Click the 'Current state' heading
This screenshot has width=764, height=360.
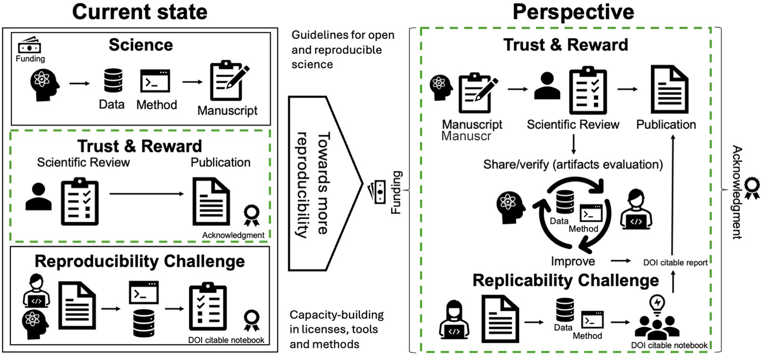tap(140, 12)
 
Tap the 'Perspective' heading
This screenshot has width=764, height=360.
tap(573, 12)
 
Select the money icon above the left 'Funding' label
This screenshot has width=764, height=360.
tap(29, 45)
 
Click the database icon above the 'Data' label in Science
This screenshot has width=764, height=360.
tap(113, 80)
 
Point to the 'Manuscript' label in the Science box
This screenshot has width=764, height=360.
tap(227, 111)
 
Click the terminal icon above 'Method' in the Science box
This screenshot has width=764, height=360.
tap(155, 81)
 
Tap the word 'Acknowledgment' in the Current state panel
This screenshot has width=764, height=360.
tap(233, 235)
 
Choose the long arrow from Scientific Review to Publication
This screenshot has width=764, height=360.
tap(147, 194)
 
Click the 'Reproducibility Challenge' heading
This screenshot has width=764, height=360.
tap(140, 261)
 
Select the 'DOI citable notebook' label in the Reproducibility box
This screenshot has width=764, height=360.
tap(226, 340)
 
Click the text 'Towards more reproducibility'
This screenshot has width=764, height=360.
tap(313, 183)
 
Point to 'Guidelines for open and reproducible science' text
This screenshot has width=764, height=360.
tap(342, 49)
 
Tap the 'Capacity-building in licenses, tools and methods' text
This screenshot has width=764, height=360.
tap(336, 329)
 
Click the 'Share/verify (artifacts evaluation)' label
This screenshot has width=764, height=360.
tap(573, 164)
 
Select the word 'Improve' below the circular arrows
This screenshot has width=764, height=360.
tap(573, 261)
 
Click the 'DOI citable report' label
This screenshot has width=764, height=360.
tap(675, 262)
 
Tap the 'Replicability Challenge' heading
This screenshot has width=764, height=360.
tap(565, 280)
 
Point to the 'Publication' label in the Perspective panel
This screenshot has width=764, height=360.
tap(666, 124)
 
